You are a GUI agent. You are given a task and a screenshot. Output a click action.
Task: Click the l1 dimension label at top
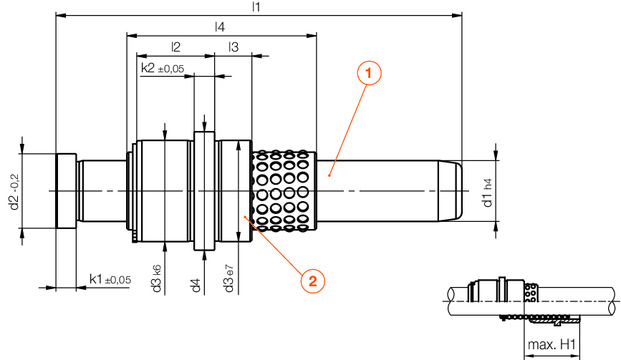tap(256, 7)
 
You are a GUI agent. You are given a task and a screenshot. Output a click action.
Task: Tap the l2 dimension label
tap(175, 47)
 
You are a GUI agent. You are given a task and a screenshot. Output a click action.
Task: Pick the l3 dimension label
tap(232, 47)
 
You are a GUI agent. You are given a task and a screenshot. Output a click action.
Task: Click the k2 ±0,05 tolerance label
tap(163, 68)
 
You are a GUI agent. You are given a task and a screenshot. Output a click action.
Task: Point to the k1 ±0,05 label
tap(110, 279)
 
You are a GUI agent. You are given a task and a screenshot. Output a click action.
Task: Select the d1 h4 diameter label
tap(487, 191)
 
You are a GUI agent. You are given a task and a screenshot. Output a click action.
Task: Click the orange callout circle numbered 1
tap(369, 73)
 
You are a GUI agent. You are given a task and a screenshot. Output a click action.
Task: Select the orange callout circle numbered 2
tap(312, 281)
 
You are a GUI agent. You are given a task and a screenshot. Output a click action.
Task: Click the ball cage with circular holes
tap(284, 191)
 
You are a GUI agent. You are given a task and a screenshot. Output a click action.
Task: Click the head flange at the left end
tap(65, 191)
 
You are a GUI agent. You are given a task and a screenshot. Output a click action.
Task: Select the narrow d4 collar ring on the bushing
tap(204, 191)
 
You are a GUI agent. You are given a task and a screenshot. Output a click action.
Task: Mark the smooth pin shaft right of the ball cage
tap(380, 191)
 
